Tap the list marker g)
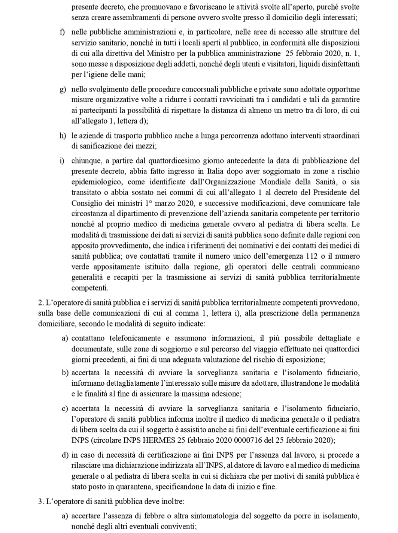pos(63,90)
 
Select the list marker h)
pos(63,136)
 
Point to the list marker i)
pos(62,161)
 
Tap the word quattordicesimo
pos(171,161)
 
